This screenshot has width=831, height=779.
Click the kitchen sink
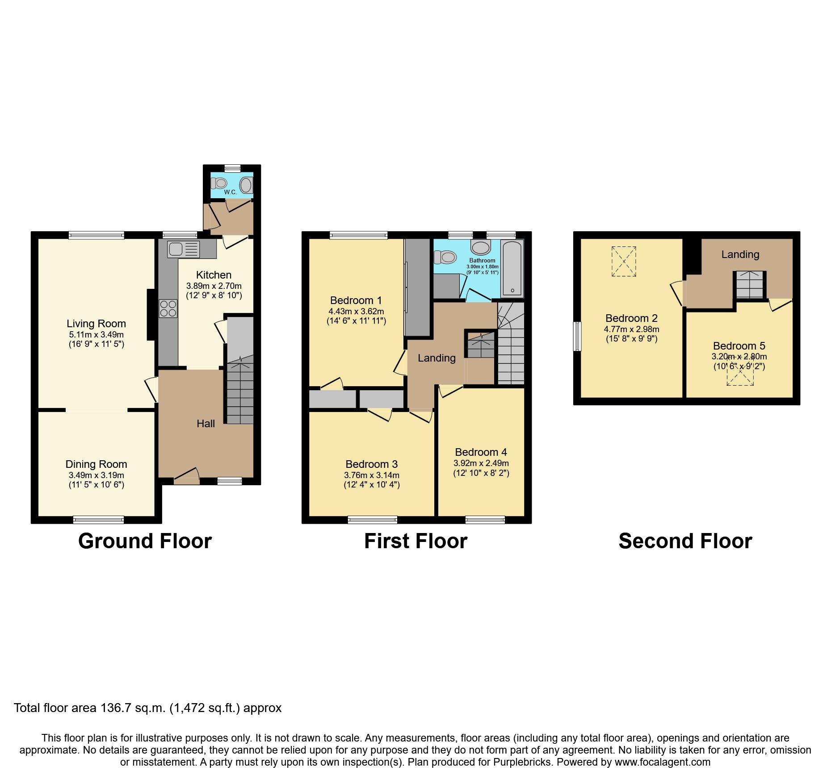click(x=183, y=250)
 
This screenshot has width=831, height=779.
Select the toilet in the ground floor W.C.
click(x=219, y=183)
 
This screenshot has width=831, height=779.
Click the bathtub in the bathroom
click(x=512, y=268)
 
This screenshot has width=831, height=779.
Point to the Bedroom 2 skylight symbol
click(x=624, y=261)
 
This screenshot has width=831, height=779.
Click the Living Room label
click(x=96, y=324)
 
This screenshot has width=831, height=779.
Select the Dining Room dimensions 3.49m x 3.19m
click(x=96, y=475)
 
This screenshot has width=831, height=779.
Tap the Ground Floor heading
click(x=145, y=541)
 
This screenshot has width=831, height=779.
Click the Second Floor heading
click(x=685, y=541)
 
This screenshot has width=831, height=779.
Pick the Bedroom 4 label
click(x=481, y=452)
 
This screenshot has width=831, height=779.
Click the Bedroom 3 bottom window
click(x=372, y=519)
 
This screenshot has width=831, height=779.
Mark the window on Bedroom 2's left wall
click(x=577, y=336)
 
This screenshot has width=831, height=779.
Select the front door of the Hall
click(x=186, y=480)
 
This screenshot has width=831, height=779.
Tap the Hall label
click(x=206, y=424)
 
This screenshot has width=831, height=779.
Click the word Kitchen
click(x=214, y=275)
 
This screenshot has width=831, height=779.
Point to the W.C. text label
click(x=230, y=192)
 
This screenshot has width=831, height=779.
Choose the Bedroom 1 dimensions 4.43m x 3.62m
click(x=356, y=312)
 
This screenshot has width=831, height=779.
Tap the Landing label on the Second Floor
click(x=740, y=254)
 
